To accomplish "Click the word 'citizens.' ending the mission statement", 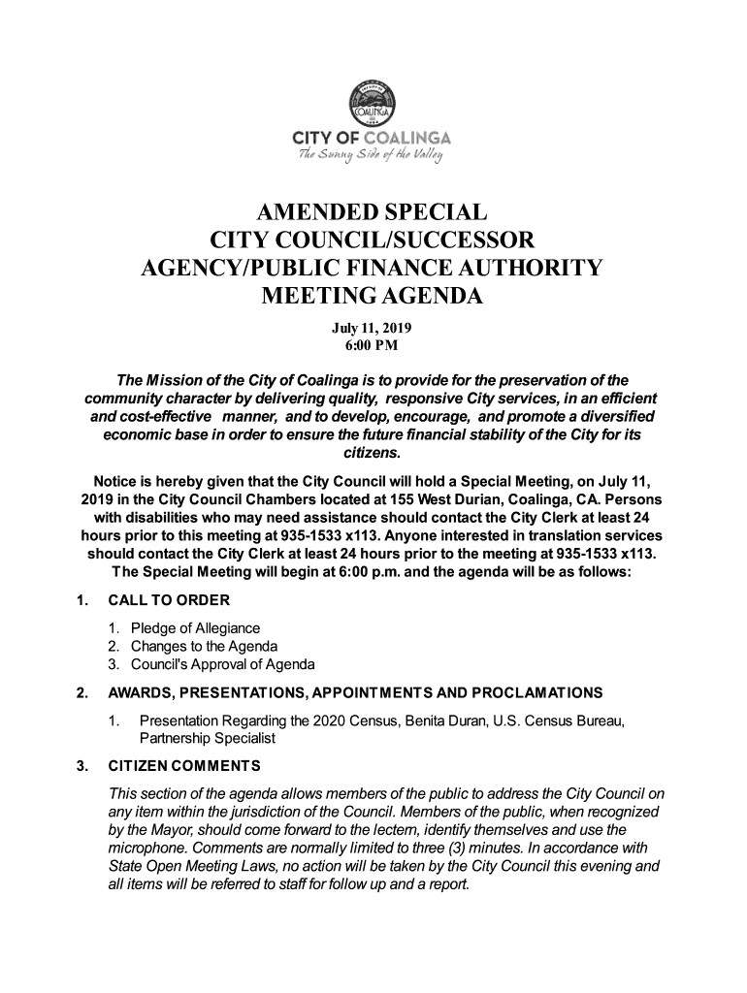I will click(x=373, y=453).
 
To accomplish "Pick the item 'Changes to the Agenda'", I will click(x=205, y=647).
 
